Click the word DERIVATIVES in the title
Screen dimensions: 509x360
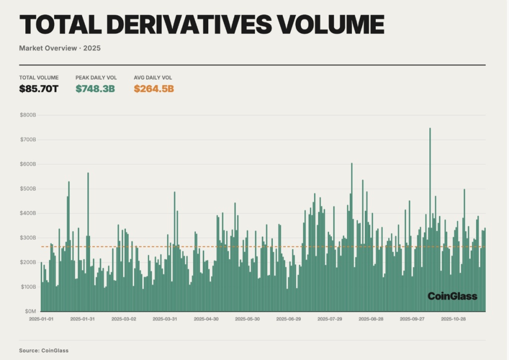tap(189, 24)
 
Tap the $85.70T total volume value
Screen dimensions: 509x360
tap(39, 89)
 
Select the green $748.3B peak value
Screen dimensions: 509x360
tap(95, 89)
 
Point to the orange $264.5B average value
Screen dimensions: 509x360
tap(154, 89)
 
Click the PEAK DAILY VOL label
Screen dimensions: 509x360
tap(96, 78)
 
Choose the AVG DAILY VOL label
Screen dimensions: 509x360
tap(153, 78)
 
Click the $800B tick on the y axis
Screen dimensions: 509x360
tap(28, 115)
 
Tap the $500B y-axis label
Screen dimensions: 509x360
tap(28, 188)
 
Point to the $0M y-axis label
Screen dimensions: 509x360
tap(30, 311)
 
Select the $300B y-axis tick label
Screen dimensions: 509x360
tap(28, 238)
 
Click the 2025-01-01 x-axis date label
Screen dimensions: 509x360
tap(41, 319)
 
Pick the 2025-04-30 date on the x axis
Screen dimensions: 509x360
tap(206, 319)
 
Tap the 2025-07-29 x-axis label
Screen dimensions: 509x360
tap(330, 319)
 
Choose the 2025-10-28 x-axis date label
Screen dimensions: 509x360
tap(453, 319)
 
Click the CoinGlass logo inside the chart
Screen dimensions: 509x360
tap(452, 296)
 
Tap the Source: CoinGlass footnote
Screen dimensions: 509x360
tap(44, 351)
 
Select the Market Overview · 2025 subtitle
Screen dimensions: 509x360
tap(60, 48)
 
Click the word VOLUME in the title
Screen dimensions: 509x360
tap(331, 24)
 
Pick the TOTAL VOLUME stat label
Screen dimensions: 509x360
tap(39, 78)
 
